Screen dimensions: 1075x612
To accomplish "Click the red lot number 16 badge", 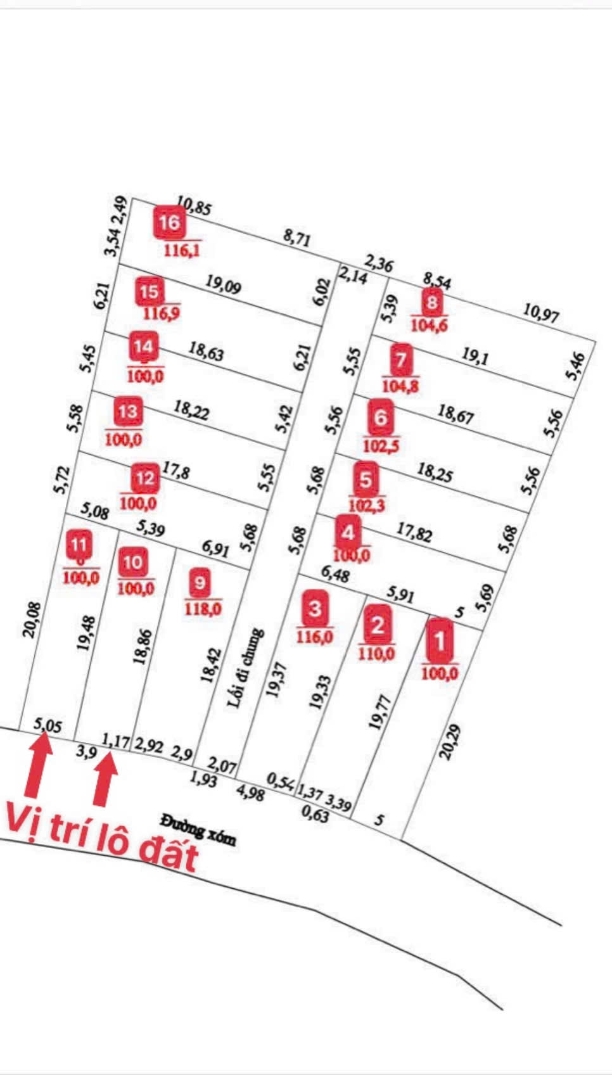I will (x=170, y=223).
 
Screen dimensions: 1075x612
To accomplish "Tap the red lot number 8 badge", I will (x=431, y=302).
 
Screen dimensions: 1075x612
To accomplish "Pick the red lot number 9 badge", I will (x=200, y=582).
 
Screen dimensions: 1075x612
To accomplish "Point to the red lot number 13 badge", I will (x=127, y=412).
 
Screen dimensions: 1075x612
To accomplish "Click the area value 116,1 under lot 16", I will (x=182, y=250).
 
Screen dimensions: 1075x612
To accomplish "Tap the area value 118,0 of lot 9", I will (x=203, y=609).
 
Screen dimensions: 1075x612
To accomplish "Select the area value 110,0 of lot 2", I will (x=376, y=653).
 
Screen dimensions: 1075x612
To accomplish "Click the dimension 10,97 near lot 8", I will (x=542, y=313).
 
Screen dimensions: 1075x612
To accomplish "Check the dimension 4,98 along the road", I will (x=250, y=792).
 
